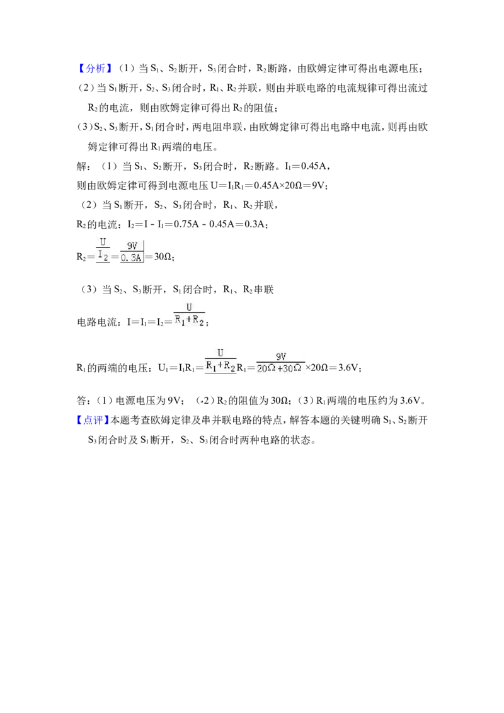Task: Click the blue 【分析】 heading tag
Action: point(94,69)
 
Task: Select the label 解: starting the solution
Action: point(83,166)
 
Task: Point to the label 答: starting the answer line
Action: point(83,401)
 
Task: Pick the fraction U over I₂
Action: point(103,249)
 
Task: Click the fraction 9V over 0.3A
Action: point(132,251)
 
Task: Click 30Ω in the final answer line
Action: point(279,401)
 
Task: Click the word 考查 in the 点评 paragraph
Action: point(140,420)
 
